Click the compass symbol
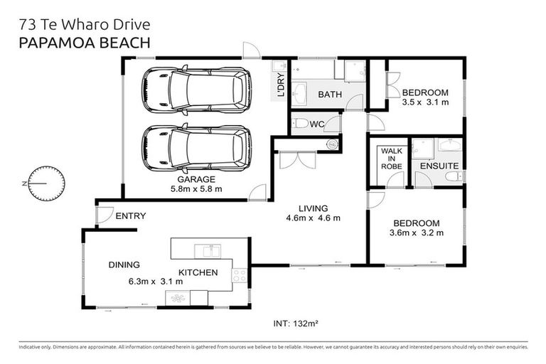click(46, 183)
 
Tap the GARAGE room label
click(196, 179)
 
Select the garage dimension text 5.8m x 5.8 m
click(196, 189)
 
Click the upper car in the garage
click(196, 90)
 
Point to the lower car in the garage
click(196, 148)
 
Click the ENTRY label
click(131, 216)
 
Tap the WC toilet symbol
click(300, 123)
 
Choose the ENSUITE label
click(439, 166)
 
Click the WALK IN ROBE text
click(392, 159)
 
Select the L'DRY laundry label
click(281, 85)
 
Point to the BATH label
click(330, 95)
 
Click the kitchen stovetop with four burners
click(239, 275)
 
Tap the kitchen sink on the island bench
click(208, 251)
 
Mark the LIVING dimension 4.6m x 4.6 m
click(313, 218)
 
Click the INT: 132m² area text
click(296, 323)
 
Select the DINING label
click(124, 264)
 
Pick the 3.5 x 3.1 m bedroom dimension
click(425, 102)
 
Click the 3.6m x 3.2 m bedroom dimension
click(417, 233)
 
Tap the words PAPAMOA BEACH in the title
click(85, 43)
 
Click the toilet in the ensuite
click(454, 176)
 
